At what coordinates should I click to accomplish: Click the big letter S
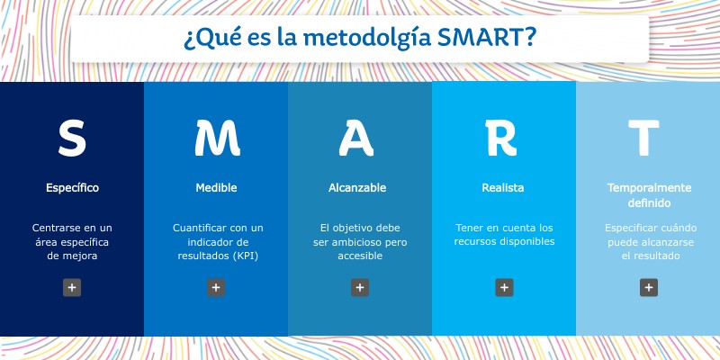click(x=72, y=137)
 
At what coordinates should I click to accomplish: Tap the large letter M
click(x=217, y=137)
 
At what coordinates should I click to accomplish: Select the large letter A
click(x=360, y=137)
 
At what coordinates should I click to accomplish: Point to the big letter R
click(x=504, y=137)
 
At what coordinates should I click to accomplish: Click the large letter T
click(x=648, y=137)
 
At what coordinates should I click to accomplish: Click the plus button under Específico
click(x=72, y=288)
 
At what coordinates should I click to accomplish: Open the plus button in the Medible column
click(x=216, y=288)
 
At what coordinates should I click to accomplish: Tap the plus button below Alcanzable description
click(x=360, y=288)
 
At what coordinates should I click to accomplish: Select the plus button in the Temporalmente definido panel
click(x=648, y=288)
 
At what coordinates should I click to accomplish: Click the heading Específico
click(x=72, y=188)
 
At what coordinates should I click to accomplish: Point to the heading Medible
click(x=216, y=188)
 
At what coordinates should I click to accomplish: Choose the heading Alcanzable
click(x=357, y=188)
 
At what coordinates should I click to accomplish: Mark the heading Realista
click(x=503, y=188)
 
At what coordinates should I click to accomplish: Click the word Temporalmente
click(x=648, y=188)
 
